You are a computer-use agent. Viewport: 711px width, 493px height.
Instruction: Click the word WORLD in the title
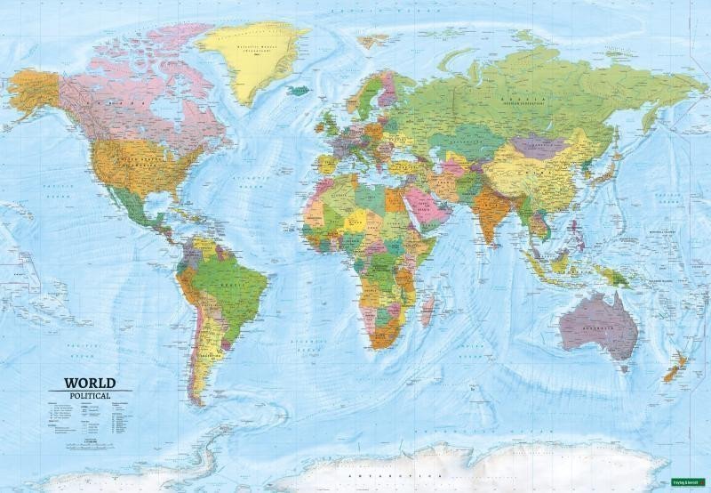pyautogui.click(x=90, y=384)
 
